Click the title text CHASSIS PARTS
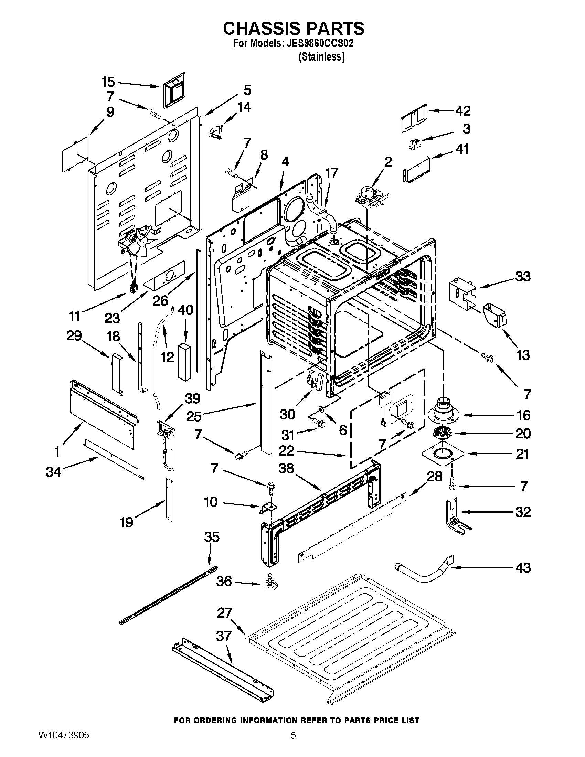(x=294, y=29)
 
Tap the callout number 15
(x=108, y=82)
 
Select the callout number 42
(x=462, y=111)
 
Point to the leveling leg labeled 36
(x=269, y=583)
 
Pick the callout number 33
(x=523, y=277)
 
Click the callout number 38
(x=286, y=468)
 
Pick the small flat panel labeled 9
(x=75, y=153)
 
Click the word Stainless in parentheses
(x=321, y=57)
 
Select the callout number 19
(x=127, y=522)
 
